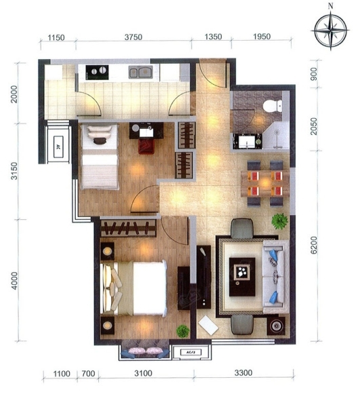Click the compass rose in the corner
[331, 31]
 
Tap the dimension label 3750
[134, 37]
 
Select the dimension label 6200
[314, 245]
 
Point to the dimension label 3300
[243, 373]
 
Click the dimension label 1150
[56, 37]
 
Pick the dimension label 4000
[14, 281]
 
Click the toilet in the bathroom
[273, 106]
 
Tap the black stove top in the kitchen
[97, 72]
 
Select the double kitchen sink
[140, 72]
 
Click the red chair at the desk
[146, 146]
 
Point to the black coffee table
[242, 277]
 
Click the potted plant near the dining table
[279, 221]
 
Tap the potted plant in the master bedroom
[183, 331]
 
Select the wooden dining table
[265, 184]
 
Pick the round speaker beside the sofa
[276, 326]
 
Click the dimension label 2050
[314, 126]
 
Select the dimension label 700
[88, 374]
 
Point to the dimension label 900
[314, 74]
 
